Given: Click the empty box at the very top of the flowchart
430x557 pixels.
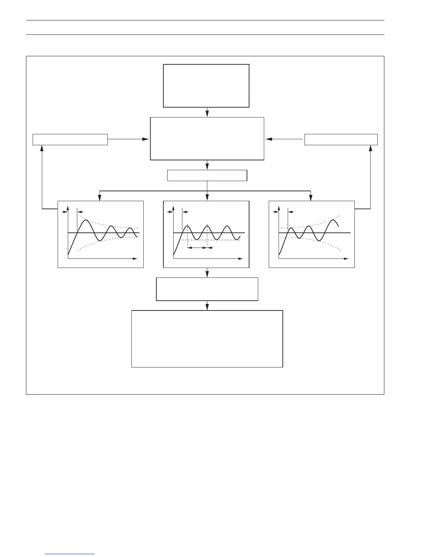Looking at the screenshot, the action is point(206,85).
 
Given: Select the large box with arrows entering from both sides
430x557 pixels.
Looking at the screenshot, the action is point(207,139).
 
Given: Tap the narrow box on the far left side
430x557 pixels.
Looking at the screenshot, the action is point(70,140).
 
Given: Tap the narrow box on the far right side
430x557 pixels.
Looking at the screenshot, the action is point(341,140).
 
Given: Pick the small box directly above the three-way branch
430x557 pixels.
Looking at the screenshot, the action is point(207,175).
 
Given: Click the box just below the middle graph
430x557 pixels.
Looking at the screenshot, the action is point(207,289).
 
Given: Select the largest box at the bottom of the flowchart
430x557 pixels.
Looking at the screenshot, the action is point(207,339).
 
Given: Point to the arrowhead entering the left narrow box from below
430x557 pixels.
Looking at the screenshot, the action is point(42,148).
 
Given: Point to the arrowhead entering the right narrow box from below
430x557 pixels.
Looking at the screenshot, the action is point(370,148).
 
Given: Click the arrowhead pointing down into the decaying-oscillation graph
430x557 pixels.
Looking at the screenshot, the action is point(100,198).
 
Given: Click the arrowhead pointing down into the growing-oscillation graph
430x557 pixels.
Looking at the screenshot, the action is point(311,198).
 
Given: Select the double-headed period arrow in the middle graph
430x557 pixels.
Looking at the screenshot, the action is point(197,248).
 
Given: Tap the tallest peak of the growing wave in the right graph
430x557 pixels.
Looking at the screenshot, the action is point(333,220).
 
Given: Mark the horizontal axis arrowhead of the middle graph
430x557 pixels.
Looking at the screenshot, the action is point(241,259).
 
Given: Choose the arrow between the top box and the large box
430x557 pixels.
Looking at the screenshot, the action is point(207,112).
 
